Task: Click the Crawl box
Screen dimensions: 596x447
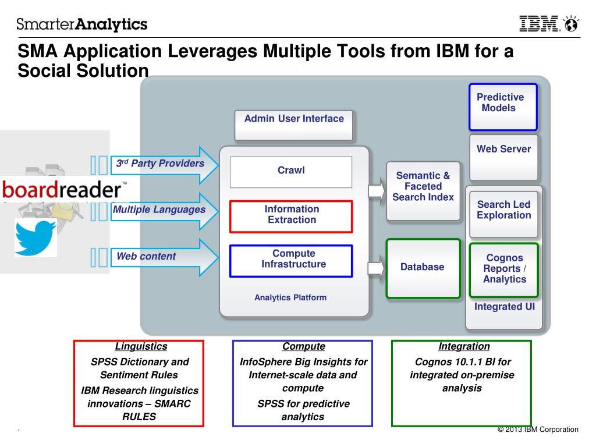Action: (291, 172)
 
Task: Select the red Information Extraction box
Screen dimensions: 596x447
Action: (291, 217)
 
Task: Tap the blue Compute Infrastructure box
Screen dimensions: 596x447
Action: (291, 261)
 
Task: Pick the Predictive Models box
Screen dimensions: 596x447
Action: (503, 107)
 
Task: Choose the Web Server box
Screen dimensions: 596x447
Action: (503, 157)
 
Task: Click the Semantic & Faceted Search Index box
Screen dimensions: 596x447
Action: (423, 191)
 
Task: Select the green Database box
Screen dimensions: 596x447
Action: (423, 268)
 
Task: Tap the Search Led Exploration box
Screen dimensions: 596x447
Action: (503, 214)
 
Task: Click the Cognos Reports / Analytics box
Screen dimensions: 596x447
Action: (504, 270)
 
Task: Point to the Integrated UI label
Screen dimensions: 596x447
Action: (505, 307)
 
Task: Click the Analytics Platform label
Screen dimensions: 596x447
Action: (290, 297)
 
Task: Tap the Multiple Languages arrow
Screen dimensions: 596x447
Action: (164, 211)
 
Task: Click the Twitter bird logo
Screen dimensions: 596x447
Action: (36, 237)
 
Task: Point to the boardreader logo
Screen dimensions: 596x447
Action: (64, 189)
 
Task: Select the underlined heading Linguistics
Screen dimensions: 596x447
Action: (141, 346)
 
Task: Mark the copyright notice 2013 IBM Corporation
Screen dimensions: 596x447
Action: (538, 430)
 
